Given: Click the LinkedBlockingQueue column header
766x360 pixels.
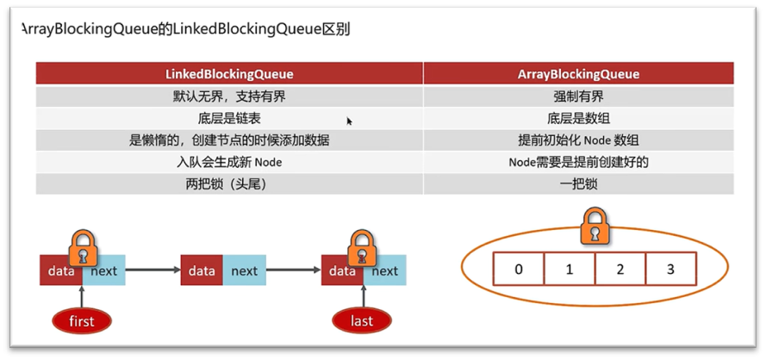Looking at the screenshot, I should click(229, 74).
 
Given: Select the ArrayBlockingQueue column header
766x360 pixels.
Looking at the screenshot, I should click(578, 74).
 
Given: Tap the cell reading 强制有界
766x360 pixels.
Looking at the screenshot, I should click(578, 96).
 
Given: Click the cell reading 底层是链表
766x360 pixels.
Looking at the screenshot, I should click(229, 119).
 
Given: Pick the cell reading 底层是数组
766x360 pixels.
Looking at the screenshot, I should click(578, 119).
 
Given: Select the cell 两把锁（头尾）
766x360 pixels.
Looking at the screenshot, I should click(229, 183).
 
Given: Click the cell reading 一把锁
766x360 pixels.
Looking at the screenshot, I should click(578, 183).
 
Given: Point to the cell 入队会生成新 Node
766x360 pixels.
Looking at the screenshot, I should click(229, 162).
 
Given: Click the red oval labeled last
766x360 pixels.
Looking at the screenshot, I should click(363, 321).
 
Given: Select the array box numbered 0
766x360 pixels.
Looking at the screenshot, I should click(518, 270).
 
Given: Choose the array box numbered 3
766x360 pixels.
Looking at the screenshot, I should click(670, 270).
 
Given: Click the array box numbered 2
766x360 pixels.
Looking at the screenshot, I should click(620, 270).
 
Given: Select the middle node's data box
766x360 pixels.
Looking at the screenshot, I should click(202, 270).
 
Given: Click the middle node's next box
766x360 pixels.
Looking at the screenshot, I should click(244, 270).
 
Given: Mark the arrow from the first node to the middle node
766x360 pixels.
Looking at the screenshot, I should click(153, 270).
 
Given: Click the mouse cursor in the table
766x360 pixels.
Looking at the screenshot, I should click(350, 121).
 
